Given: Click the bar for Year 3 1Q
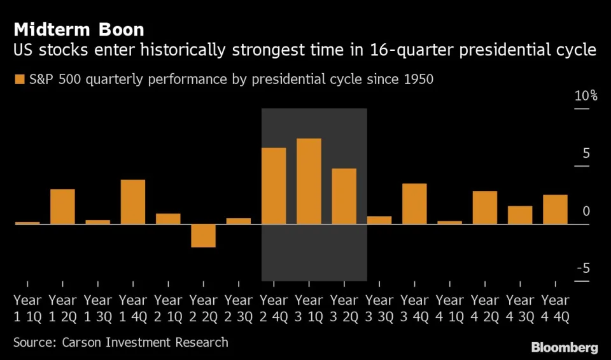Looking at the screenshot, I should coord(309,181).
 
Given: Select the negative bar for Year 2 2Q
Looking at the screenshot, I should coord(204,235).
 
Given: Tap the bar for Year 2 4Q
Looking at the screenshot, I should coord(274,186).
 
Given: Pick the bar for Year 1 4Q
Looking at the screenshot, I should coord(133,202).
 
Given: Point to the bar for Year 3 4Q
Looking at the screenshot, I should coord(414,204).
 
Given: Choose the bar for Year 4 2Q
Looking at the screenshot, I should coord(485,207).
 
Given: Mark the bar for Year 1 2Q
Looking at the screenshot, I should coord(62,206).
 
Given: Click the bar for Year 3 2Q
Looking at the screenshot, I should coord(344,196).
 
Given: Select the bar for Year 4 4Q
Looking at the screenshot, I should coord(555,209).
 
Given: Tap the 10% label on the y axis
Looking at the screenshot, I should coord(586,96).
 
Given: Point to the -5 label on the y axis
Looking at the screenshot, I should coord(583,268).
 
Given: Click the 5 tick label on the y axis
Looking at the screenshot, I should coord(586,153).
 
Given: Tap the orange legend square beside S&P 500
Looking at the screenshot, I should coord(19,80).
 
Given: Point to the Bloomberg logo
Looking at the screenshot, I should coord(565,347).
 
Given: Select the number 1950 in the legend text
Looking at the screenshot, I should coord(421,80).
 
